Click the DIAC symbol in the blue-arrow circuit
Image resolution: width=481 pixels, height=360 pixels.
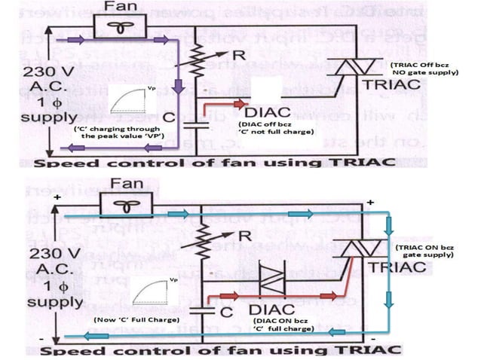(270, 280)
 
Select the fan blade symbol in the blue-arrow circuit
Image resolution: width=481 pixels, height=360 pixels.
(124, 207)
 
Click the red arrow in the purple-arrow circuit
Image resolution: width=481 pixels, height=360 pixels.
(225, 104)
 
